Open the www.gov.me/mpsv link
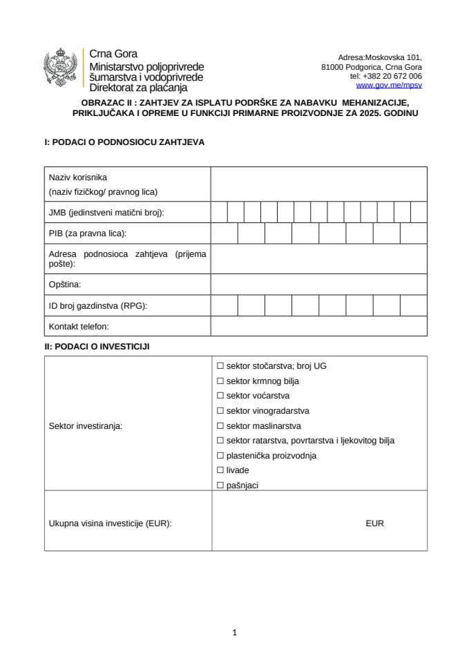pyautogui.click(x=389, y=86)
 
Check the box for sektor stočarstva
pyautogui.click(x=220, y=366)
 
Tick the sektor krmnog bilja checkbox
pyautogui.click(x=220, y=381)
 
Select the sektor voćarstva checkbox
pyautogui.click(x=220, y=396)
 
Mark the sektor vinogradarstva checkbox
pyautogui.click(x=220, y=411)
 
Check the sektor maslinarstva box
pyautogui.click(x=220, y=426)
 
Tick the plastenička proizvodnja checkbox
pyautogui.click(x=220, y=456)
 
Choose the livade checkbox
pyautogui.click(x=220, y=470)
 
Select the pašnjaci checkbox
pyautogui.click(x=220, y=486)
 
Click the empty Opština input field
pyautogui.click(x=318, y=284)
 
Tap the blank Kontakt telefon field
pyautogui.click(x=318, y=326)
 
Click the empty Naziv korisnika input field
pyautogui.click(x=318, y=184)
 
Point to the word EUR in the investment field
pyautogui.click(x=374, y=523)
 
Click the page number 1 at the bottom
pyautogui.click(x=235, y=632)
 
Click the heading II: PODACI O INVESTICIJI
pyautogui.click(x=97, y=347)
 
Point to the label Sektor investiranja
pyautogui.click(x=85, y=426)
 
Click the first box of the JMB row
pyautogui.click(x=219, y=212)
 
